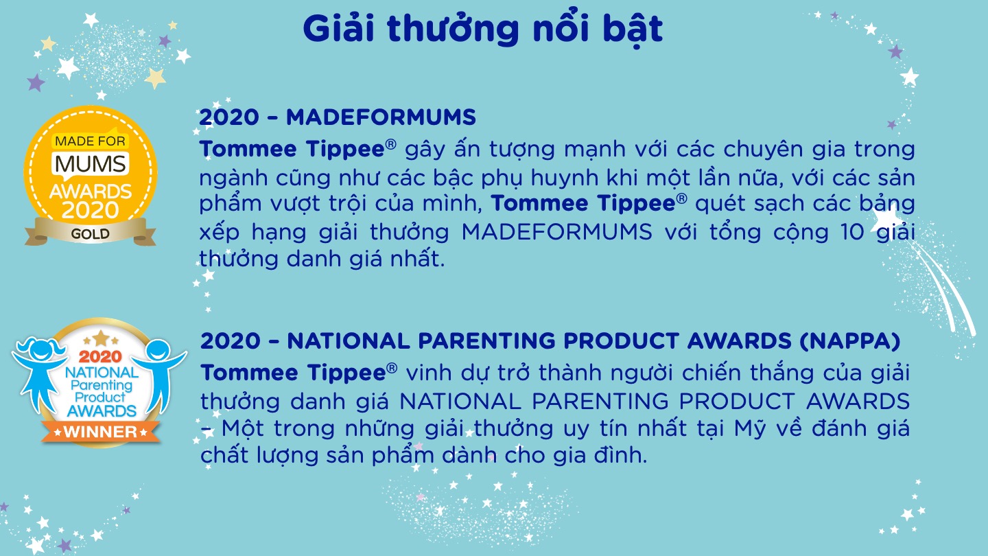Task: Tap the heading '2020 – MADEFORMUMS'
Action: [x=338, y=117]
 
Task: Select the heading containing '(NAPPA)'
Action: [x=550, y=341]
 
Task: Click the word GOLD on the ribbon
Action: [x=91, y=234]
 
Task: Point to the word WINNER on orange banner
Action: [x=101, y=432]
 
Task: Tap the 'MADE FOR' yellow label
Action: [x=91, y=141]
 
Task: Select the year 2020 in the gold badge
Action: [x=91, y=210]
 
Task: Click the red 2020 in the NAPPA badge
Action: [x=100, y=356]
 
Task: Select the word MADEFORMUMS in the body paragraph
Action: [x=556, y=232]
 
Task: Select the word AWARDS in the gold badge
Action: [x=91, y=192]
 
